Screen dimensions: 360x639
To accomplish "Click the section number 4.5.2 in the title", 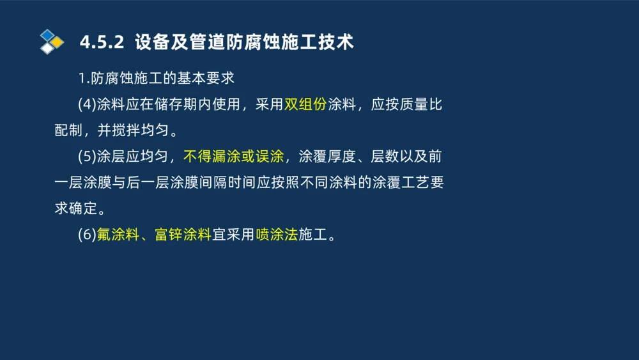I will [101, 43].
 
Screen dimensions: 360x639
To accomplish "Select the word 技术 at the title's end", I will [338, 43].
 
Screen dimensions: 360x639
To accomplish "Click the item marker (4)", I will [87, 105].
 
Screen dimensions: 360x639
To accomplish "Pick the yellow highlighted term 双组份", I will [305, 105].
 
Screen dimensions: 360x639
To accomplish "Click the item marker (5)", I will [87, 157].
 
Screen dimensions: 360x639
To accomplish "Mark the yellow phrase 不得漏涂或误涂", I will [233, 157].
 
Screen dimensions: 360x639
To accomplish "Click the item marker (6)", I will [87, 235].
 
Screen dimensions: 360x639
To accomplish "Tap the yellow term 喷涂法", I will [277, 235].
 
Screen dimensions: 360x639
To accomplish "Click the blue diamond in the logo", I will [47, 35].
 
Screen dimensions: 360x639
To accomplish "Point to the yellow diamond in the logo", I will [57, 42].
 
